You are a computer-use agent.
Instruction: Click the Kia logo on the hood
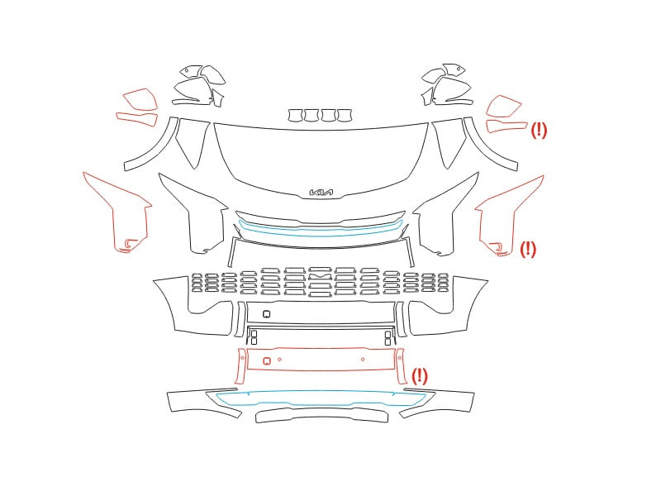tap(321, 193)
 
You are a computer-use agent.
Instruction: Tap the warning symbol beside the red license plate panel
tap(420, 375)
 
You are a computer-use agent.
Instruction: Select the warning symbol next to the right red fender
tap(528, 249)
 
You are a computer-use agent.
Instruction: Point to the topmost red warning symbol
tap(539, 130)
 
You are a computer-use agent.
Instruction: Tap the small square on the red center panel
tap(266, 361)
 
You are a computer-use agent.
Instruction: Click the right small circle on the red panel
tap(363, 360)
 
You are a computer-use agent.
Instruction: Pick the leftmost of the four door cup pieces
tap(296, 115)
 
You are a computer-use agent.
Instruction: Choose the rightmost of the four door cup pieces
tap(345, 115)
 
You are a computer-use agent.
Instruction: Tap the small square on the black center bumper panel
tap(266, 314)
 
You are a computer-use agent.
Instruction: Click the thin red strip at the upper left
tap(136, 118)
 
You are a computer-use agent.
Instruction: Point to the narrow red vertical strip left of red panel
tap(240, 365)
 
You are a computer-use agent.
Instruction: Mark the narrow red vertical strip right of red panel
tap(401, 365)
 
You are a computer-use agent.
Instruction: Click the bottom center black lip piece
tap(321, 416)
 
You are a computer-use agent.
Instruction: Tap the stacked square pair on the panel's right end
tap(388, 338)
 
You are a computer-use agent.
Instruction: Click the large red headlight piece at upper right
tap(503, 107)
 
